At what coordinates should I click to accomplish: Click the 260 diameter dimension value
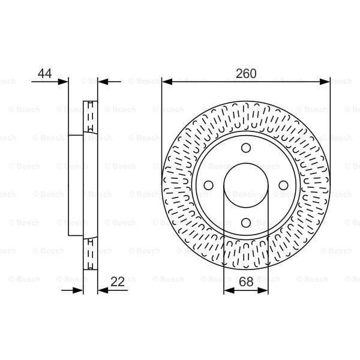tap(246, 74)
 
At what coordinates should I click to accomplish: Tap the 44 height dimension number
tap(44, 74)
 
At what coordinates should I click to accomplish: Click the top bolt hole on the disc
tap(246, 149)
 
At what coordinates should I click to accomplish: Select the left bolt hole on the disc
tap(208, 186)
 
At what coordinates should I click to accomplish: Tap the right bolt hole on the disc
tap(283, 186)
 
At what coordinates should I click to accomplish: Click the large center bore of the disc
tap(246, 186)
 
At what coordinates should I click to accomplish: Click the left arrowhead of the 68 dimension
tap(227, 290)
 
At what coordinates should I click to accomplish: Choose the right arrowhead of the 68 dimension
tap(265, 290)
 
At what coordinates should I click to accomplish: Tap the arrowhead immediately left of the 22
tap(101, 290)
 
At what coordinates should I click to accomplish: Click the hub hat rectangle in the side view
tap(76, 186)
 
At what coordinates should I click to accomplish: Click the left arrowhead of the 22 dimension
tap(79, 290)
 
